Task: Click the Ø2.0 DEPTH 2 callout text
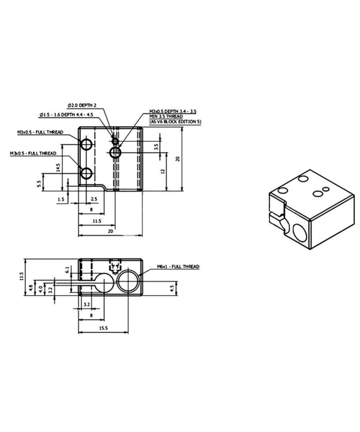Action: coord(82,105)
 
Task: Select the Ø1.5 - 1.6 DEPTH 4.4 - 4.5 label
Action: coord(67,114)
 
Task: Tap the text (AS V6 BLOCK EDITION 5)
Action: coord(175,122)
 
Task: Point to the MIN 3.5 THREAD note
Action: coord(166,117)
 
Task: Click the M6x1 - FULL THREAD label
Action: coord(178,267)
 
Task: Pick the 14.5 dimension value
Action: coord(58,167)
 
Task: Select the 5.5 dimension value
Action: coord(39,184)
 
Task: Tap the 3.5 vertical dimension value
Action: coord(156,147)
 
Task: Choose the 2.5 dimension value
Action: coord(94,199)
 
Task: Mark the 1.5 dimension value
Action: coord(61,199)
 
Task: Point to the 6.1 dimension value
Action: coord(67,269)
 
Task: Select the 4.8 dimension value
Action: coord(31,288)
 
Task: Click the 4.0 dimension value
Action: coord(41,288)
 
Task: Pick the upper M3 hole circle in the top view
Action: coord(86,145)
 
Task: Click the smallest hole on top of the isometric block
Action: coord(326,189)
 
